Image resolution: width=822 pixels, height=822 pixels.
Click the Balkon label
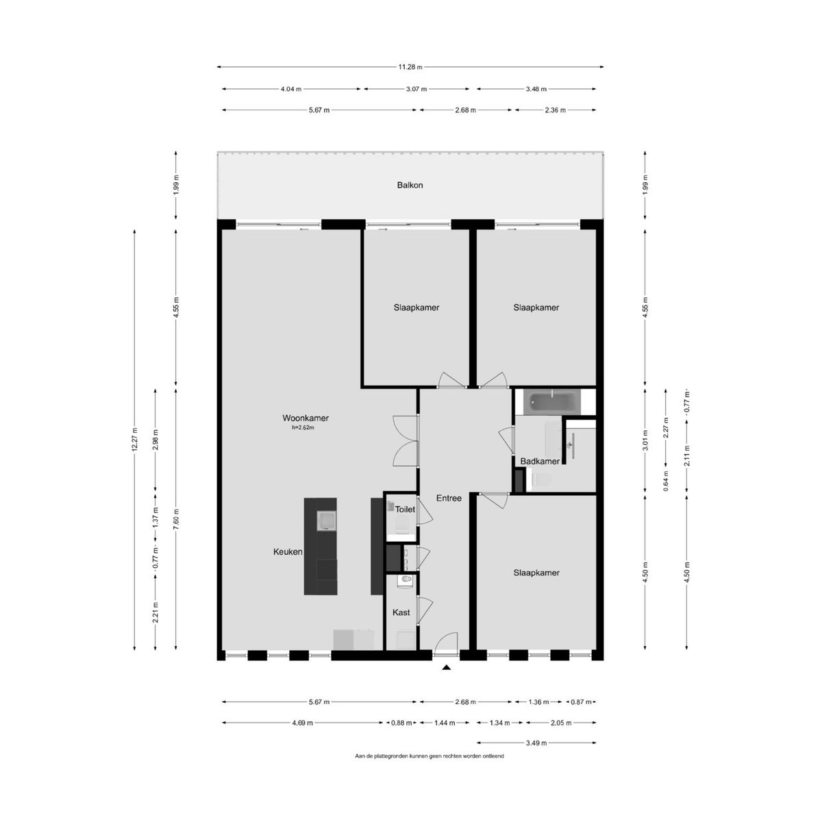(410, 185)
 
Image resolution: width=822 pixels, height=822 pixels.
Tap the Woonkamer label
(306, 418)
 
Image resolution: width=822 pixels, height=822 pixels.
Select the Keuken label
(288, 552)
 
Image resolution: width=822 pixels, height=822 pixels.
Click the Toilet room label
(405, 510)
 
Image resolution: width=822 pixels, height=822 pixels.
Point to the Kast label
(401, 612)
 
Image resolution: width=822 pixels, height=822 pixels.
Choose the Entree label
(449, 498)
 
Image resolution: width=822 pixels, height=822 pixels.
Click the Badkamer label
(540, 462)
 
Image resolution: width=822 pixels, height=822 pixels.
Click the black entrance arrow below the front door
(446, 668)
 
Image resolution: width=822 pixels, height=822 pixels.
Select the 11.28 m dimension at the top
(410, 67)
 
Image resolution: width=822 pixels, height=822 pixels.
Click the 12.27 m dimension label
(135, 439)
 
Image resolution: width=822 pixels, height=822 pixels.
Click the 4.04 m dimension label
(291, 89)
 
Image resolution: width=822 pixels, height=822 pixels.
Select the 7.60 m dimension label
(176, 519)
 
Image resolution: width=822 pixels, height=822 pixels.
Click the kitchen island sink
(326, 521)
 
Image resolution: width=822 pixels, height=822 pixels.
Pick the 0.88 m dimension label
(401, 723)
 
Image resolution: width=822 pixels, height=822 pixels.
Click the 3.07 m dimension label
(416, 89)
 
